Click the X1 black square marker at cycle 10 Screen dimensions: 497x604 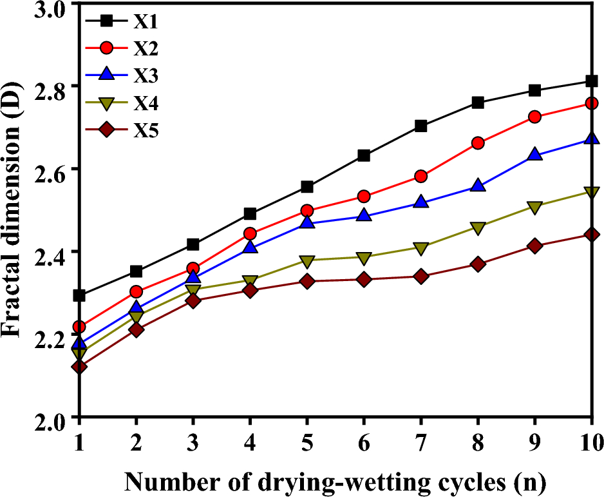pyautogui.click(x=592, y=81)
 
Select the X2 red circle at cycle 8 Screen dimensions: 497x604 pyautogui.click(x=478, y=143)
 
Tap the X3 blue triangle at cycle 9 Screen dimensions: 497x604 pyautogui.click(x=534, y=155)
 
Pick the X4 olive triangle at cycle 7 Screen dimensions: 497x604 pyautogui.click(x=421, y=248)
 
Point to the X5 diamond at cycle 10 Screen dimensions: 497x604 pyautogui.click(x=592, y=235)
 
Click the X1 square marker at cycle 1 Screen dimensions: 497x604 pyautogui.click(x=79, y=295)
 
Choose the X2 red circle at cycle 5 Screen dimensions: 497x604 pyautogui.click(x=307, y=211)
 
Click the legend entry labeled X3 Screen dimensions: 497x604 pyautogui.click(x=146, y=75)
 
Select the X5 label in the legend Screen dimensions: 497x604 pyautogui.click(x=146, y=131)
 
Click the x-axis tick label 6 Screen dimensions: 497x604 pyautogui.click(x=364, y=443)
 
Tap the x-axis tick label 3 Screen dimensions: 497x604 pyautogui.click(x=193, y=443)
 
